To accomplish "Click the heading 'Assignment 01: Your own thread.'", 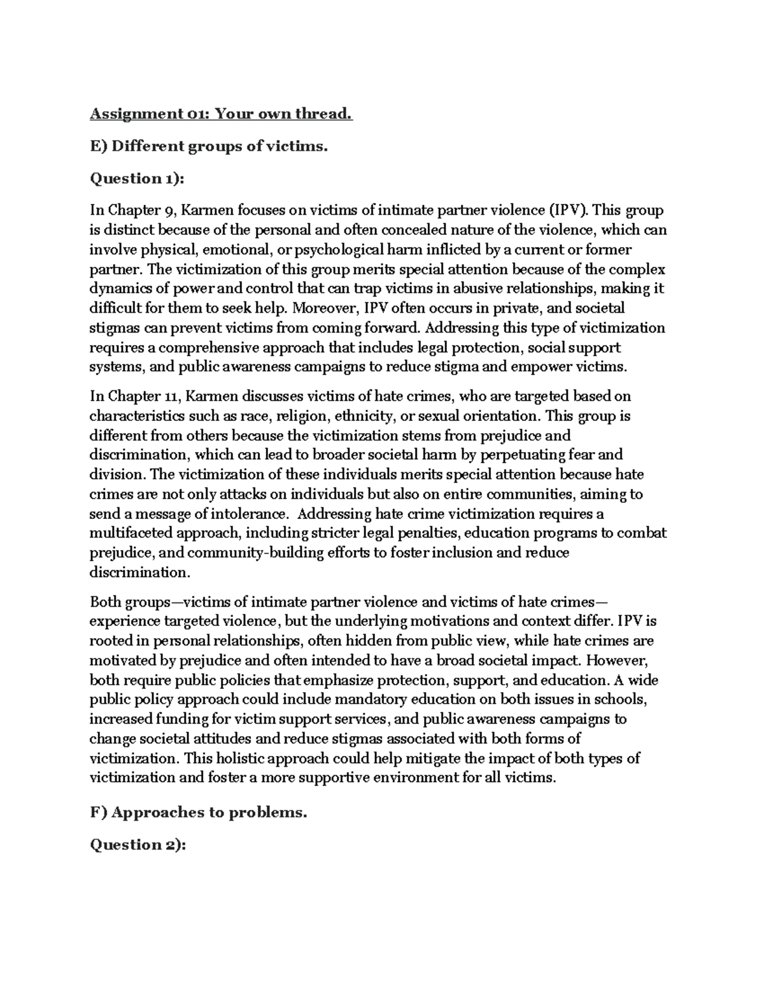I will [x=220, y=114].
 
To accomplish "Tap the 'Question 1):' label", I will [x=137, y=178].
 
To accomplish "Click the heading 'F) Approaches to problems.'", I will [x=199, y=813].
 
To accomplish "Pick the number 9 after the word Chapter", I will [x=163, y=211].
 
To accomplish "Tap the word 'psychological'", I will [x=329, y=250].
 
